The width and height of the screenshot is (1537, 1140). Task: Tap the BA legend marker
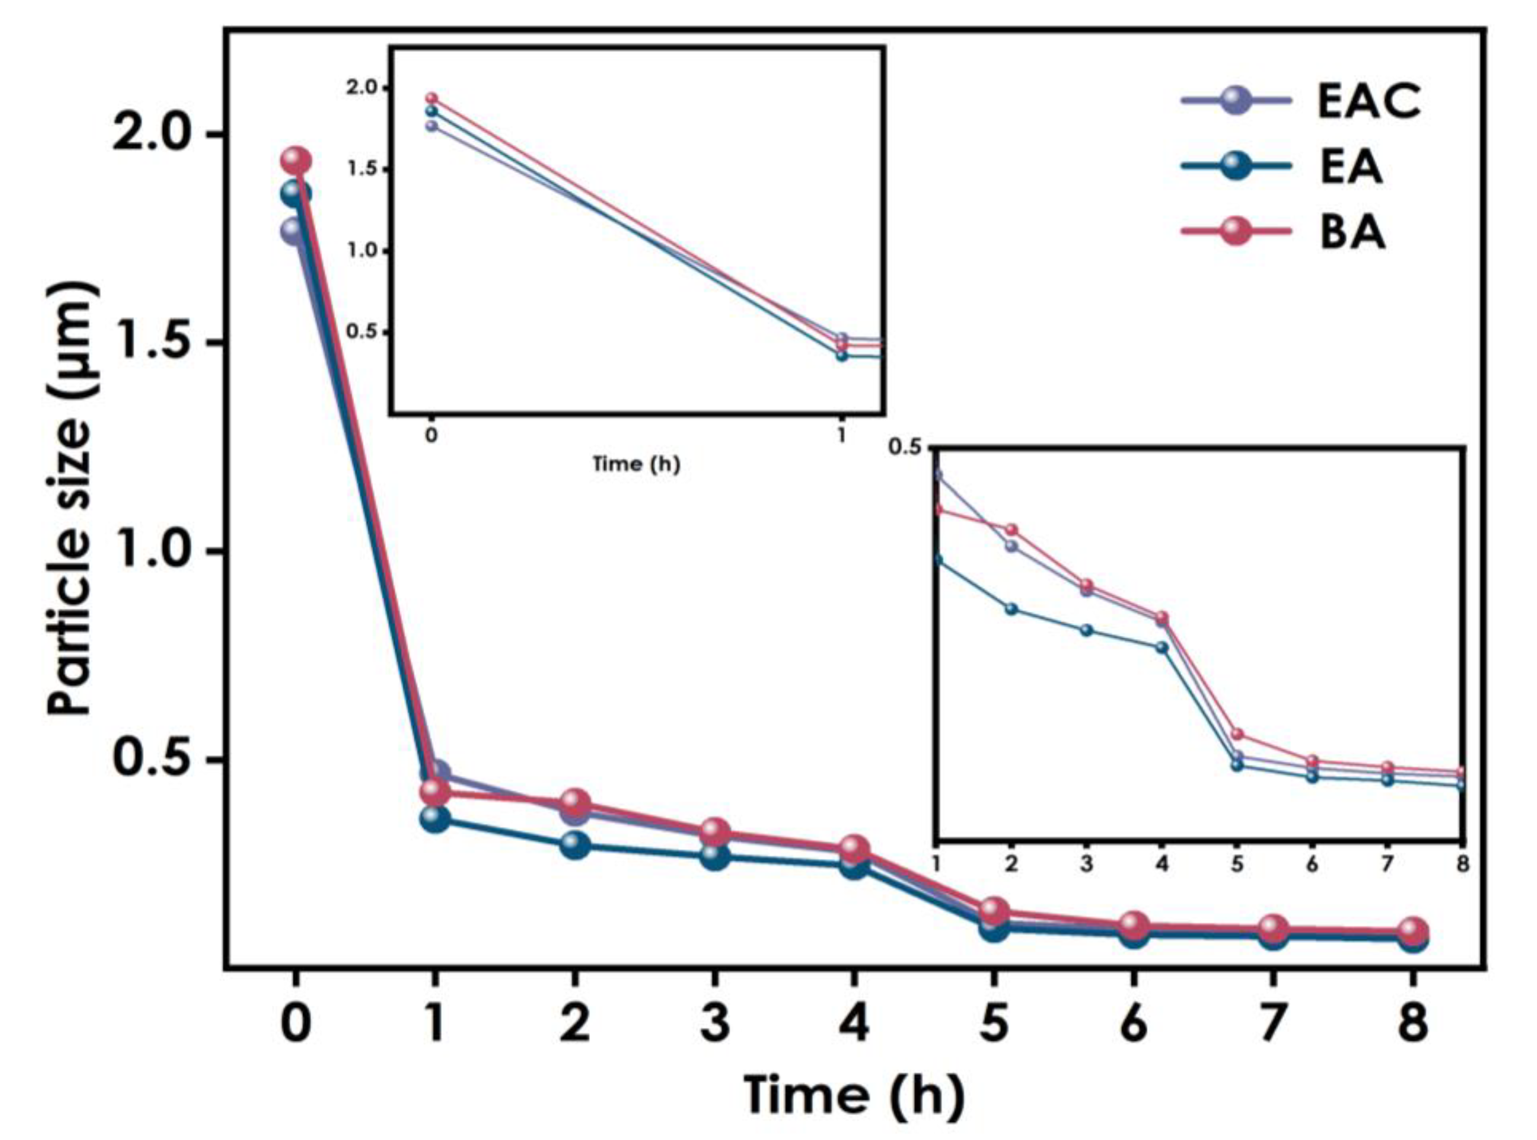click(1235, 232)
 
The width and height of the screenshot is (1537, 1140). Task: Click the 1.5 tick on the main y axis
click(152, 342)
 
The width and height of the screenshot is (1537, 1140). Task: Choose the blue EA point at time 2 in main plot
click(574, 844)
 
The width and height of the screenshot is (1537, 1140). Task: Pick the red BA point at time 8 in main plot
click(1412, 930)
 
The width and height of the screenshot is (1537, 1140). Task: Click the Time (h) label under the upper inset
click(636, 464)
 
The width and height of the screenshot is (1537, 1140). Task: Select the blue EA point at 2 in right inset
click(1012, 609)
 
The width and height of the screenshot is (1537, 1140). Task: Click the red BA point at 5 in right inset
click(1237, 734)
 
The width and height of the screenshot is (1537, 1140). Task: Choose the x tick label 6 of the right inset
click(1312, 864)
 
